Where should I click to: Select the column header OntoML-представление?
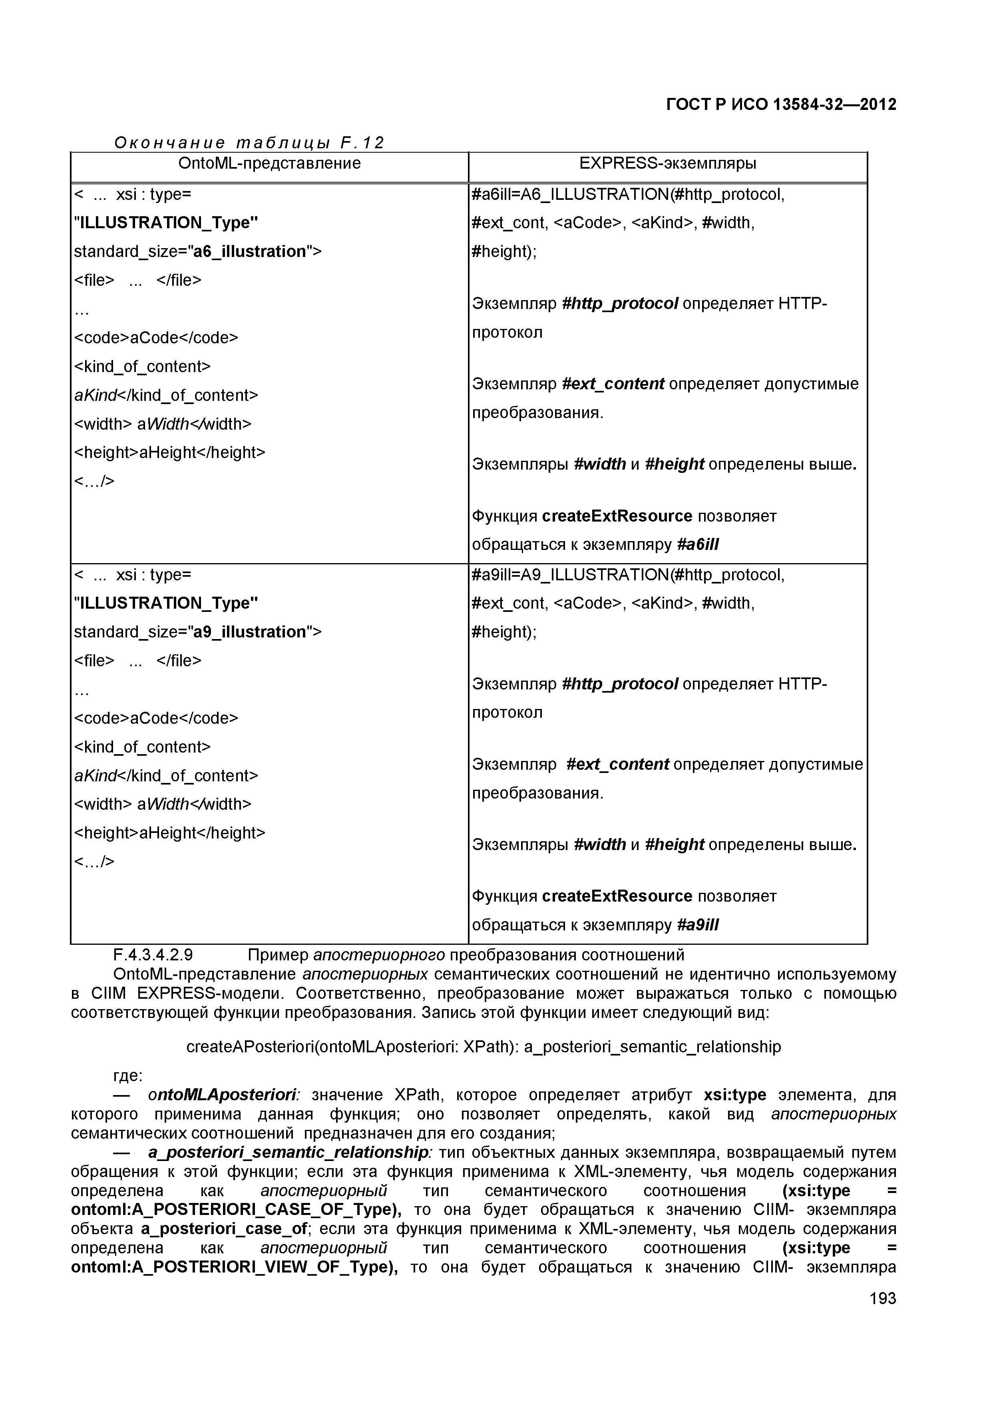[x=269, y=163]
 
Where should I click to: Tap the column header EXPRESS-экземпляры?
[x=667, y=163]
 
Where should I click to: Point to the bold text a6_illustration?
[x=250, y=251]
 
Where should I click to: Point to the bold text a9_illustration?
[x=250, y=632]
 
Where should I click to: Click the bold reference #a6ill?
[x=698, y=545]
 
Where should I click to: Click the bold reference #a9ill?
[x=698, y=925]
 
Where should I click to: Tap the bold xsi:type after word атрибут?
[x=734, y=1095]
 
